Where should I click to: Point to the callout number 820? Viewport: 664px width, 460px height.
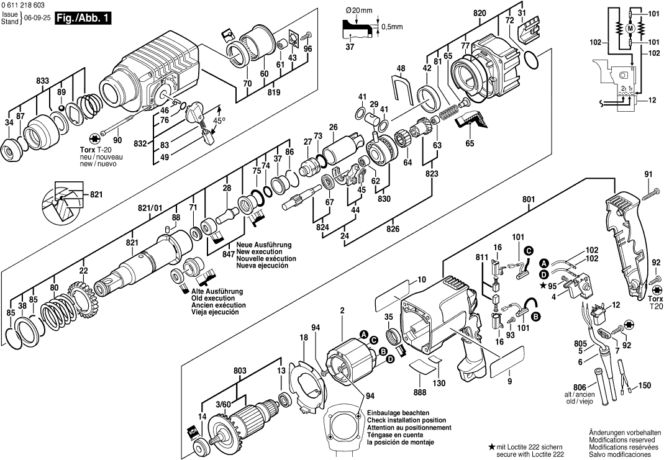tap(479, 12)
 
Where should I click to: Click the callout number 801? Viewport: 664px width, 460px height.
tap(529, 199)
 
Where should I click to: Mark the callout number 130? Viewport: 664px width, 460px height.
tap(439, 384)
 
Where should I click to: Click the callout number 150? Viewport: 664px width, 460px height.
tap(644, 386)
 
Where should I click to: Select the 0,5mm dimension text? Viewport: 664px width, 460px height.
tap(392, 26)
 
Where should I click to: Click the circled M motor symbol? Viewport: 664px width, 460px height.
tap(630, 28)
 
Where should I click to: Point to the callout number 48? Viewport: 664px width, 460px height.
tap(401, 68)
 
